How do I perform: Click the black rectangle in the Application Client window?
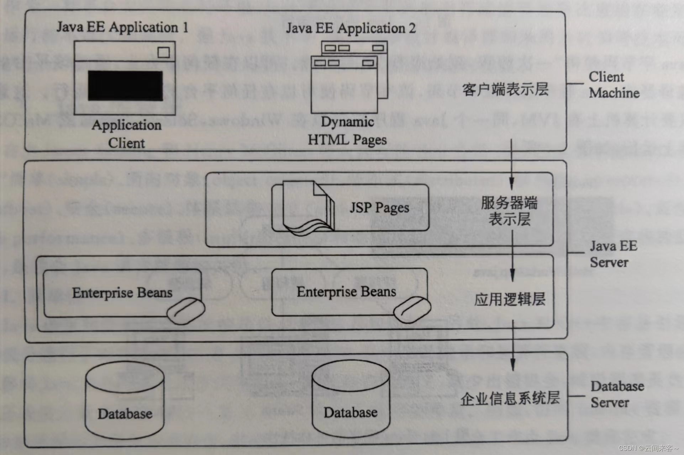tap(125, 86)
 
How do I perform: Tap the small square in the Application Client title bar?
tap(163, 52)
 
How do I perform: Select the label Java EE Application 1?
tap(122, 27)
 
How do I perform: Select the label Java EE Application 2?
tap(351, 28)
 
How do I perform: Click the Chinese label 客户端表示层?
tap(505, 89)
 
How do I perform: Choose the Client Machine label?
tap(614, 85)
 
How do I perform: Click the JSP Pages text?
tap(379, 208)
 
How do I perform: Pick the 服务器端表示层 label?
tap(509, 211)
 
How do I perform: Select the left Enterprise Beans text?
tap(122, 293)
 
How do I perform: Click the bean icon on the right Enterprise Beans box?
tap(412, 309)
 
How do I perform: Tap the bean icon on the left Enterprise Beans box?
tap(185, 311)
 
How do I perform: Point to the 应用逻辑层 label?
tap(510, 299)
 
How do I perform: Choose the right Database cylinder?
tap(351, 400)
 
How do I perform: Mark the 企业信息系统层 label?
tap(510, 398)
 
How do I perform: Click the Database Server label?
tap(617, 394)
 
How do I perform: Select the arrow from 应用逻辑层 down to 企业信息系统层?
tap(513, 345)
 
